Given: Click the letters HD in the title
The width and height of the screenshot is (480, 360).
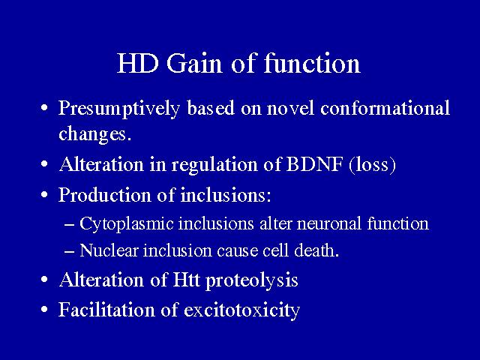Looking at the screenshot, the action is [x=138, y=64].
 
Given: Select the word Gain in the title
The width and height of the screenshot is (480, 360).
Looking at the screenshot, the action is [x=194, y=63].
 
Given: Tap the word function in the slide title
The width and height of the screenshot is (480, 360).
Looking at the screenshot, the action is [x=312, y=63].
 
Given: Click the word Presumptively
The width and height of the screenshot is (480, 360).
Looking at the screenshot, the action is [x=119, y=109].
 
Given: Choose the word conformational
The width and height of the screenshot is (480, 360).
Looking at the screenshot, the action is [x=385, y=108].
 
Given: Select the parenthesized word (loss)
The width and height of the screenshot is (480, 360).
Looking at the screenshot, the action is [x=372, y=165].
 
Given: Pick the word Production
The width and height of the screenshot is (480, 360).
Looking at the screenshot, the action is [x=105, y=195].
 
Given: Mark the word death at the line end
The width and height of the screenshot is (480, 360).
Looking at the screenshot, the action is [x=316, y=250].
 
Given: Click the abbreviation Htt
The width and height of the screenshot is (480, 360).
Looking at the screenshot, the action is [x=187, y=280].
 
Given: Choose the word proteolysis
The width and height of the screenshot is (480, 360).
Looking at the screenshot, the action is [x=252, y=280].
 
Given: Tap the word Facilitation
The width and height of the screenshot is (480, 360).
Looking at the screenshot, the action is [x=106, y=309].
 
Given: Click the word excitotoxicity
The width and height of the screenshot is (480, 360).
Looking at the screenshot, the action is [x=241, y=310].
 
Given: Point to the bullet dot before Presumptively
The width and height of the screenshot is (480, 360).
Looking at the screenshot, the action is [x=44, y=108].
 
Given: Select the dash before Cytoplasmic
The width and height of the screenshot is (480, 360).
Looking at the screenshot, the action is [x=70, y=224].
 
